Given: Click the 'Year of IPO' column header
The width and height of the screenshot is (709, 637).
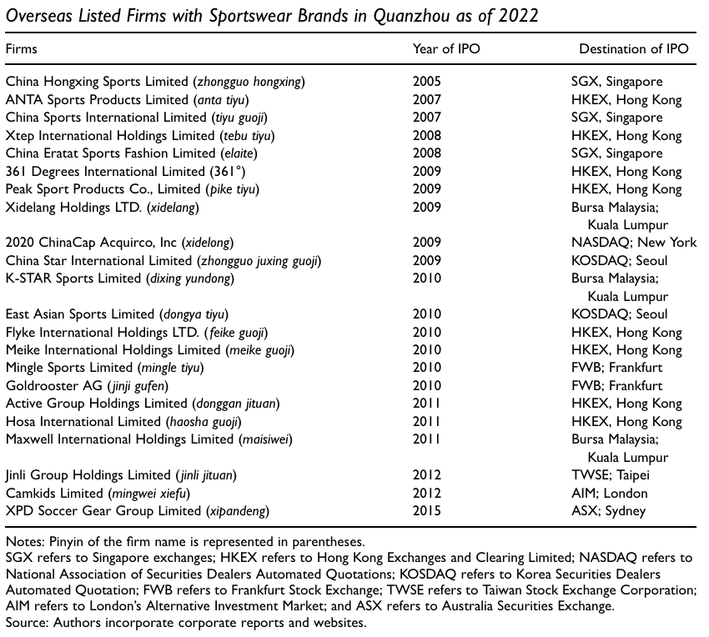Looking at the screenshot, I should click(446, 48).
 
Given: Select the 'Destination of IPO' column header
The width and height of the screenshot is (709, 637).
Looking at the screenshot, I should click(634, 48).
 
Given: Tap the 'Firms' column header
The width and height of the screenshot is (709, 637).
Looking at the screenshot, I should click(22, 48).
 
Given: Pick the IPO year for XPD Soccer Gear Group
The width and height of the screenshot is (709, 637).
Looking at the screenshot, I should click(427, 510).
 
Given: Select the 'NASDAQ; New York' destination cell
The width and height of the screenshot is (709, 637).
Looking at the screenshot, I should click(634, 243).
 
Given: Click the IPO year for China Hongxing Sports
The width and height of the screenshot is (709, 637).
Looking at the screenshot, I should click(427, 82).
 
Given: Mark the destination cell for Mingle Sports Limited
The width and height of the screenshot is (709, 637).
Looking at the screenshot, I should click(616, 368).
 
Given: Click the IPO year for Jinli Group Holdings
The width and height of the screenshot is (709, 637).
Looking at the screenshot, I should click(427, 475).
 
